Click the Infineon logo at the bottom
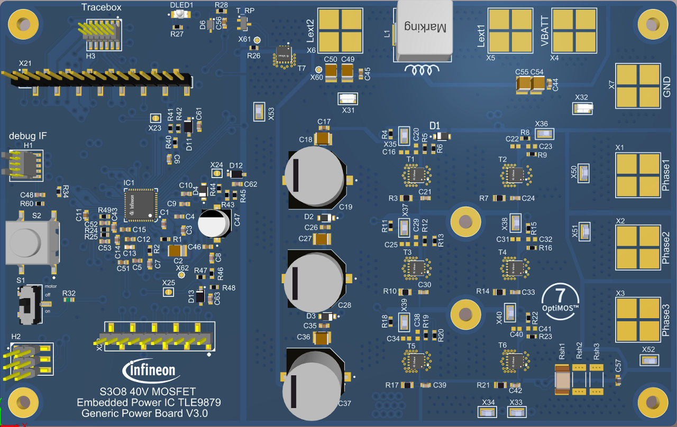coord(149,370)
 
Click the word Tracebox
coord(101,7)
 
